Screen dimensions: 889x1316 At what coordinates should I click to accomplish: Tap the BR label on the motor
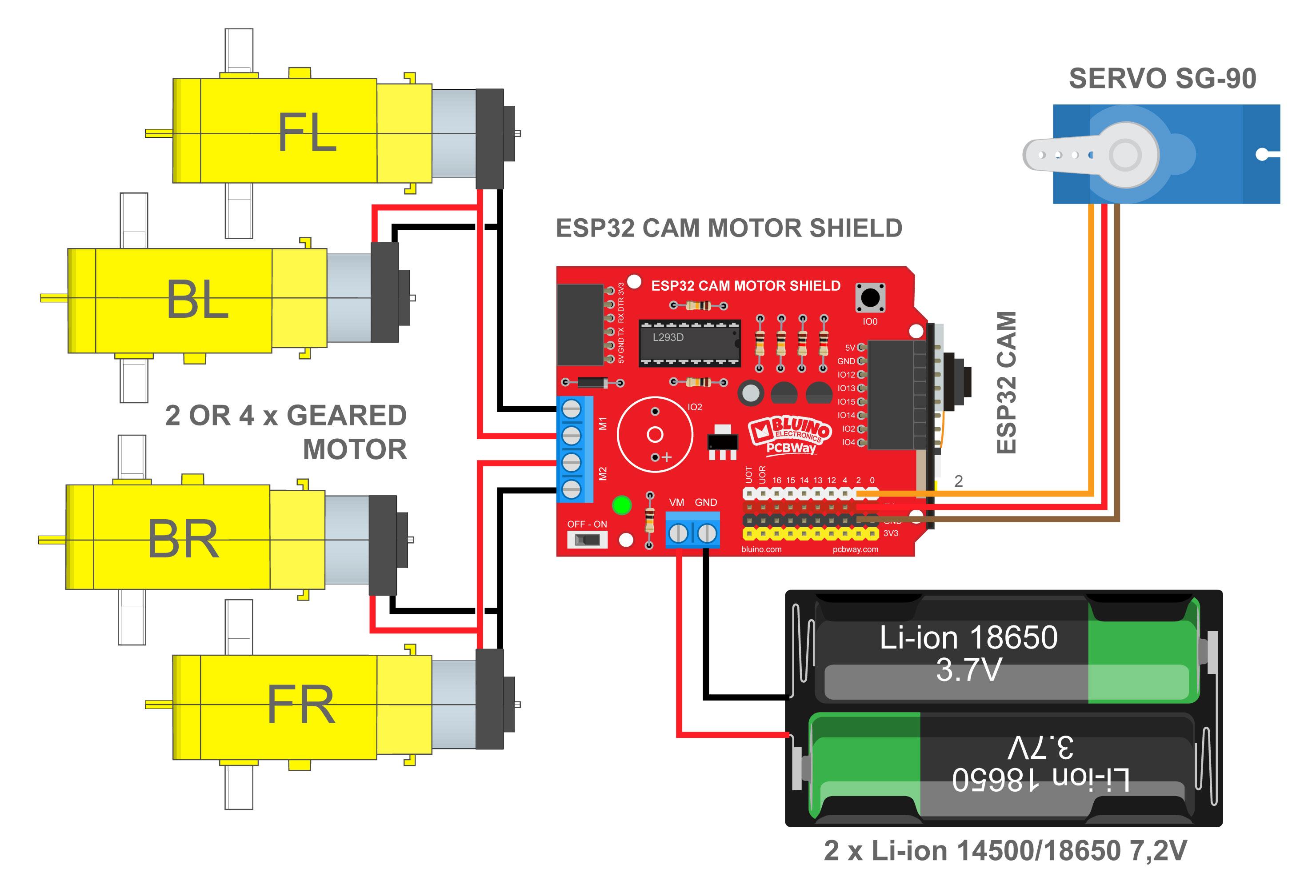pos(183,540)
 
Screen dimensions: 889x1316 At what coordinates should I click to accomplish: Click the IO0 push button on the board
pos(870,297)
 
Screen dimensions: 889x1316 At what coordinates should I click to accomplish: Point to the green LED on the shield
pos(622,505)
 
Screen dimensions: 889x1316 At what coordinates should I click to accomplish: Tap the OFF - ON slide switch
pos(587,540)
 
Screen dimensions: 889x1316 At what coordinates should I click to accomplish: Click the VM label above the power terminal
pos(677,502)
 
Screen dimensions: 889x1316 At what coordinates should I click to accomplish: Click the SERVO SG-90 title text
pos(1162,79)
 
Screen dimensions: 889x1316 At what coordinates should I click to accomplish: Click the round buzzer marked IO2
pos(655,434)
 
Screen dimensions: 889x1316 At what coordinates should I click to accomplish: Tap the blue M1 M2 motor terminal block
pos(572,449)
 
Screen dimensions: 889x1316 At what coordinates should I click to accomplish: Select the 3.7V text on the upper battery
pos(968,670)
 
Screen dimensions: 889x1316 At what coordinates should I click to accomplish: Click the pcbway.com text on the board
pos(855,549)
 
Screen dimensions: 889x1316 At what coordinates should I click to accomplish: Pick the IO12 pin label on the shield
pos(846,375)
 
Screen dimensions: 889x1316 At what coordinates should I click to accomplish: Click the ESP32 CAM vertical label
pos(1007,382)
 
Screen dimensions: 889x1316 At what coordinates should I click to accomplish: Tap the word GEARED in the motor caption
pos(347,416)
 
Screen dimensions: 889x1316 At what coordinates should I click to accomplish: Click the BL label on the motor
pos(197,300)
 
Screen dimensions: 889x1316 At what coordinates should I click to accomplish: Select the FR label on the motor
pos(301,705)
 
